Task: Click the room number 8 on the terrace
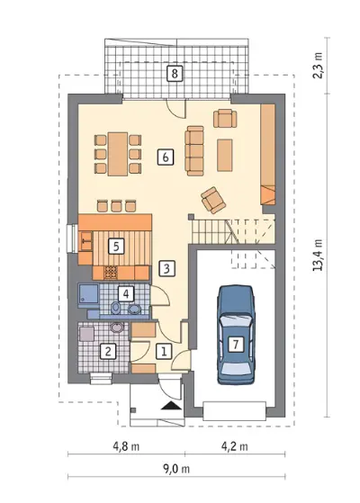175,74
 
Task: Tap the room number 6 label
166,157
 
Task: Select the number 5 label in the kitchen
116,247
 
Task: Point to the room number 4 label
126,293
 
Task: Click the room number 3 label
166,268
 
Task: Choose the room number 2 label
108,352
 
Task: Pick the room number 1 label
164,351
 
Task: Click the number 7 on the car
236,345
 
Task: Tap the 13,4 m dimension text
318,255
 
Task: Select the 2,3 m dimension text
318,66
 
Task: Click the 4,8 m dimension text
126,446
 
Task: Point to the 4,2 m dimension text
235,446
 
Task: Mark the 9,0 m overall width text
176,469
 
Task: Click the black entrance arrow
171,406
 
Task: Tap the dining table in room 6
118,154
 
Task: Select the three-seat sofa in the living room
194,150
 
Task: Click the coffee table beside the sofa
225,155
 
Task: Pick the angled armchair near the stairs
213,200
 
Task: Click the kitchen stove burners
111,273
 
